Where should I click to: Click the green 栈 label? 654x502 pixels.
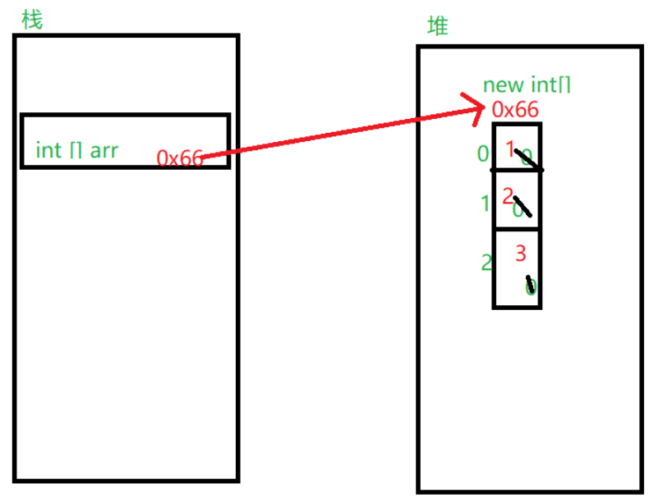(x=32, y=20)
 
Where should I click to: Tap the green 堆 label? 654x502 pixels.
(x=439, y=26)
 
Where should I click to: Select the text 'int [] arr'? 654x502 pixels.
(x=76, y=150)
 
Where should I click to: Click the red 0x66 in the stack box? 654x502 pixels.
(x=179, y=157)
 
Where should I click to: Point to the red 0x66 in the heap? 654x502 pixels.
(x=515, y=109)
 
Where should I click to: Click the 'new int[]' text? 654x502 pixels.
(x=527, y=85)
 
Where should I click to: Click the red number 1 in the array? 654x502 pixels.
(x=510, y=148)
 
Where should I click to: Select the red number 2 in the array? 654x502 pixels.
(x=508, y=195)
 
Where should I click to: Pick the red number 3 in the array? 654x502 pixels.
(x=520, y=253)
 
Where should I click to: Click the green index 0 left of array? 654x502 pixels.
(x=482, y=153)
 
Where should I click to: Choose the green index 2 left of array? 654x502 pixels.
(x=486, y=262)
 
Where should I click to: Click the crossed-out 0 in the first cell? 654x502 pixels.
(x=527, y=157)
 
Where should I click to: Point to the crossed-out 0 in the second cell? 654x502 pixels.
(x=519, y=209)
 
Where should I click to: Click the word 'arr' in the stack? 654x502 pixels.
(x=104, y=151)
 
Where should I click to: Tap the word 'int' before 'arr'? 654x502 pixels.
(x=48, y=150)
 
